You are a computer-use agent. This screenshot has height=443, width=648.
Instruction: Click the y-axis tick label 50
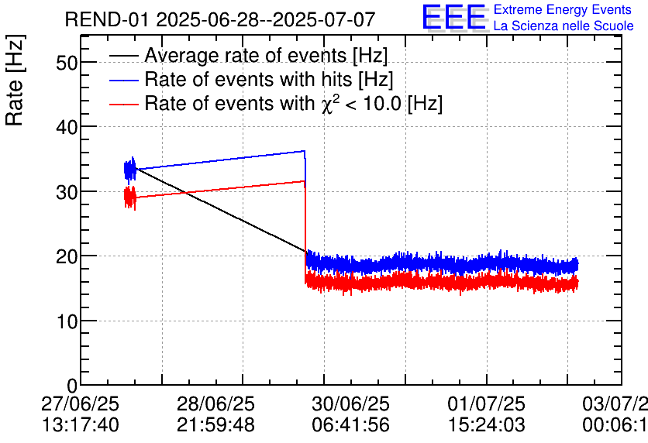[67, 63]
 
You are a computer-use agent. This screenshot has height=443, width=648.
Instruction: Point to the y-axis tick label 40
[67, 127]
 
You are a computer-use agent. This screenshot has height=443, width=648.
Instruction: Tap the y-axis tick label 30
[67, 191]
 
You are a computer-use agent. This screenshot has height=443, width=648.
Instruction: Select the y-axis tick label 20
[67, 256]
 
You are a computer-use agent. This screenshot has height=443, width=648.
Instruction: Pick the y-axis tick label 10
[67, 321]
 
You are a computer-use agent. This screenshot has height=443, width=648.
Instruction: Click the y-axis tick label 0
[71, 386]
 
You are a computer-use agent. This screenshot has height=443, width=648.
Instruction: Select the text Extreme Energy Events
[557, 10]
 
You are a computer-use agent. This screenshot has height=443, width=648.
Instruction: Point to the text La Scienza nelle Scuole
[563, 26]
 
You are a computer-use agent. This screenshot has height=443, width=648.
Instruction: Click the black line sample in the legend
[123, 56]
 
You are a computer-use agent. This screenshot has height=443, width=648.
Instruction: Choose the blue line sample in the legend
[123, 80]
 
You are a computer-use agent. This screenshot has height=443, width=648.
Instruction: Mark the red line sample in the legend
[123, 104]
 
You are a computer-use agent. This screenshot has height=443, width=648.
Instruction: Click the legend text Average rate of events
[266, 56]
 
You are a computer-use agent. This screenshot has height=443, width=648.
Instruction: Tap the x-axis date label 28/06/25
[215, 405]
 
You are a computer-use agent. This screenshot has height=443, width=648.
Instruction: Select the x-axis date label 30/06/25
[350, 405]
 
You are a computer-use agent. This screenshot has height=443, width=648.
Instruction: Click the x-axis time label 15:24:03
[486, 424]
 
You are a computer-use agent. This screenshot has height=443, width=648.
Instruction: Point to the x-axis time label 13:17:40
[81, 424]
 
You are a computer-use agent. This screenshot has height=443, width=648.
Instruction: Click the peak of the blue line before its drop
[305, 151]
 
